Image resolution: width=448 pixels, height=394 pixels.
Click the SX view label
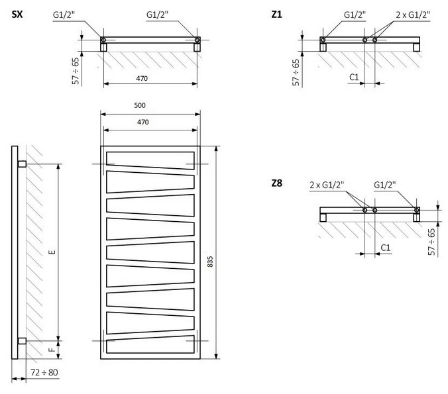pyautogui.click(x=18, y=15)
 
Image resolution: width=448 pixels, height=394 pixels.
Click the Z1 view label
pyautogui.click(x=277, y=15)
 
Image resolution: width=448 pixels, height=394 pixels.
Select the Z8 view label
pyautogui.click(x=277, y=183)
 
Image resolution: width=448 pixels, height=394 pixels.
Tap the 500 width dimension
pyautogui.click(x=139, y=105)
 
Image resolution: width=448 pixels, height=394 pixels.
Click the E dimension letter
pyautogui.click(x=51, y=252)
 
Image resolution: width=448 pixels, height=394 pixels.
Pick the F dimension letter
pyautogui.click(x=51, y=347)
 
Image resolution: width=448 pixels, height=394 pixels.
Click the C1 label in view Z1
pyautogui.click(x=355, y=77)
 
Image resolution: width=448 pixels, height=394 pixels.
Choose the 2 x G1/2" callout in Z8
pyautogui.click(x=326, y=185)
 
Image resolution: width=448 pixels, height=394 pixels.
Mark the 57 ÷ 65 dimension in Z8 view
pyautogui.click(x=431, y=241)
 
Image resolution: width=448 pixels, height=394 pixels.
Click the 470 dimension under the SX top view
pyautogui.click(x=141, y=78)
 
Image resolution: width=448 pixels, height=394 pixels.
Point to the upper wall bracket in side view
pyautogui.click(x=22, y=164)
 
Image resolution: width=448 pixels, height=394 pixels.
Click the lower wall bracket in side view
pyautogui.click(x=22, y=342)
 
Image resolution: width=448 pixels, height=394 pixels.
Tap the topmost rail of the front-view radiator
pyautogui.click(x=150, y=158)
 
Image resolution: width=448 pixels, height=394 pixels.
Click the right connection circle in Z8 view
pyautogui.click(x=417, y=211)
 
